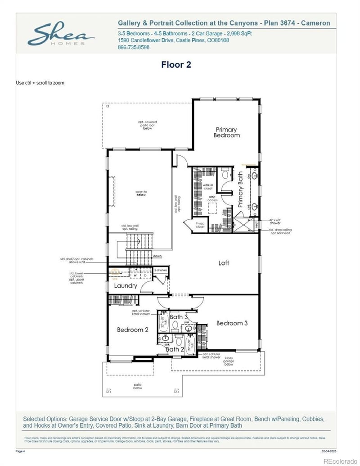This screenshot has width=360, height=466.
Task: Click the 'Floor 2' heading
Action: pyautogui.click(x=176, y=65)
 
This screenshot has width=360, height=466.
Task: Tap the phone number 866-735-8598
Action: pyautogui.click(x=134, y=47)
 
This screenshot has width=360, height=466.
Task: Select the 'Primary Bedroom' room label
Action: pyautogui.click(x=226, y=132)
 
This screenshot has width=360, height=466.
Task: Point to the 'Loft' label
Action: pyautogui.click(x=224, y=263)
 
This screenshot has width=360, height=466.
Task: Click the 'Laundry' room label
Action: pyautogui.click(x=126, y=286)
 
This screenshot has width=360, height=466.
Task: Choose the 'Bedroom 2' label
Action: pyautogui.click(x=133, y=330)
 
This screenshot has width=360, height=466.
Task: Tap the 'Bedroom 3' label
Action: pyautogui.click(x=232, y=323)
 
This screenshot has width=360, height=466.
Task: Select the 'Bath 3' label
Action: pyautogui.click(x=179, y=317)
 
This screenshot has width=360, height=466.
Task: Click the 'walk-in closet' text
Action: pyautogui.click(x=208, y=186)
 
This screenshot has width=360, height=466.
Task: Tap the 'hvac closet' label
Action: pyautogui.click(x=200, y=225)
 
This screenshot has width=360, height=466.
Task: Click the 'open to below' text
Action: pyautogui.click(x=141, y=194)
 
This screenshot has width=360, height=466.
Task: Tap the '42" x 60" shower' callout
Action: pyautogui.click(x=275, y=222)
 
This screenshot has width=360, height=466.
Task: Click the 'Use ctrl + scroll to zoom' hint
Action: pyautogui.click(x=40, y=83)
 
